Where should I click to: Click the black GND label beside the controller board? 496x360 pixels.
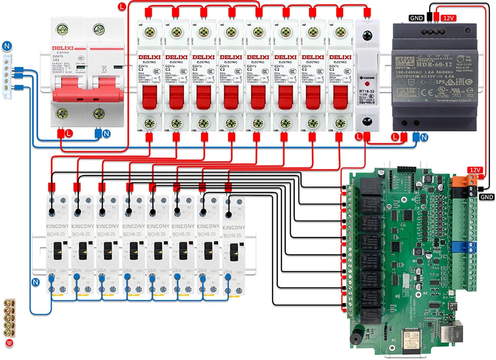click(x=487, y=196)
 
